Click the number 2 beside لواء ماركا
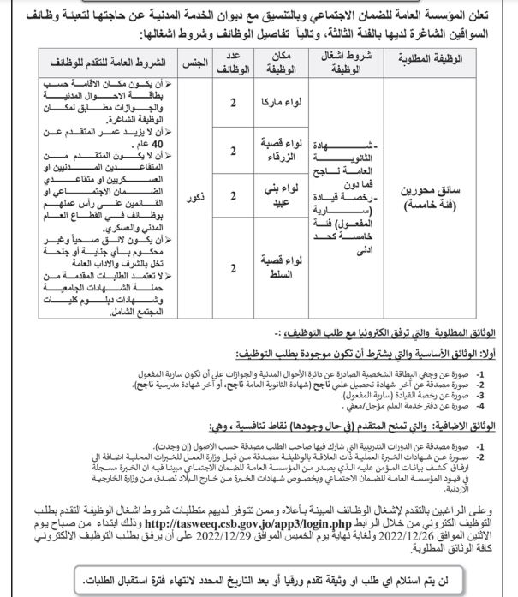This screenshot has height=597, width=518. tap(232, 101)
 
